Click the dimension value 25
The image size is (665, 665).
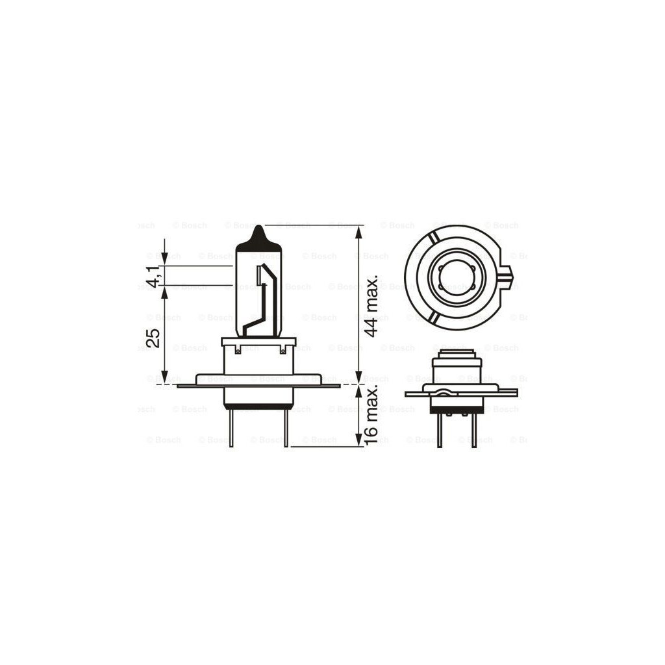pyautogui.click(x=154, y=338)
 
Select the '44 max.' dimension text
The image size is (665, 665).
pyautogui.click(x=371, y=305)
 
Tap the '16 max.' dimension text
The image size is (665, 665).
pyautogui.click(x=371, y=414)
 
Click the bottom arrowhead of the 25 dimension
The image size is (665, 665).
pyautogui.click(x=164, y=377)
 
